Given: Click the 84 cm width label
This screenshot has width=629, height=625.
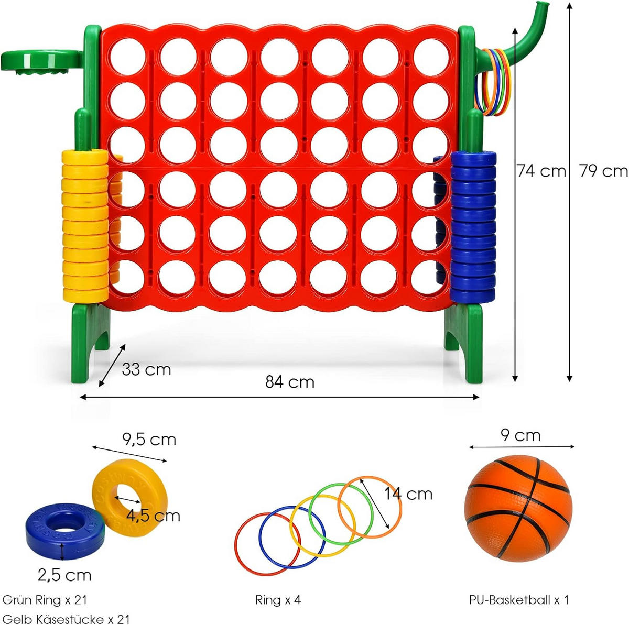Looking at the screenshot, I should click(289, 382).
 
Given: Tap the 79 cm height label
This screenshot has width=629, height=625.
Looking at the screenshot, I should click(603, 171).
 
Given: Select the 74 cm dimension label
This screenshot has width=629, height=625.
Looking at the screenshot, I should click(541, 171).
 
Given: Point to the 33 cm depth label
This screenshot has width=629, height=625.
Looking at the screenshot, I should click(146, 369).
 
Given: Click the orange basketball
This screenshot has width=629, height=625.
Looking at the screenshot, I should click(518, 508).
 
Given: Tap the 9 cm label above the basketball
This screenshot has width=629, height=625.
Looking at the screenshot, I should click(520, 435).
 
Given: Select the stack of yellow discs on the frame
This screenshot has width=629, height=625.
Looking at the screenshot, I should click(85, 225).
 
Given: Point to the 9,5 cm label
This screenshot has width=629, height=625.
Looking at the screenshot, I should click(149, 439).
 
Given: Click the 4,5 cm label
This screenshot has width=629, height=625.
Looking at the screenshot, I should click(153, 516).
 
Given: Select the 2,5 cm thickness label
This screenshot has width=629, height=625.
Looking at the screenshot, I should click(64, 575).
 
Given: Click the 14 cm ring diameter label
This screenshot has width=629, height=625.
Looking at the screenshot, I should click(408, 494).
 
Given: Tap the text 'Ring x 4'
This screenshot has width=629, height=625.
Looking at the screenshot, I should click(278, 600).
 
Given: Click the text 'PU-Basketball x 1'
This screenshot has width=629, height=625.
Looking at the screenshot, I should click(518, 600).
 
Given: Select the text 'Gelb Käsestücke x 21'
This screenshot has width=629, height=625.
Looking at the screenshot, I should click(66, 619).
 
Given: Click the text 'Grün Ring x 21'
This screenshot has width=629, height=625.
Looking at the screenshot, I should click(45, 600).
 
